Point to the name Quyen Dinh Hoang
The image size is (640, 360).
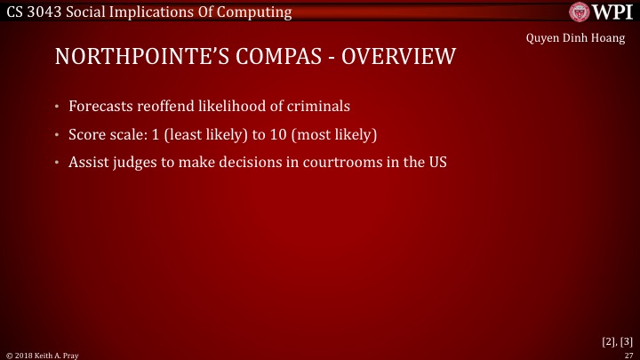pyautogui.click(x=576, y=38)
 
